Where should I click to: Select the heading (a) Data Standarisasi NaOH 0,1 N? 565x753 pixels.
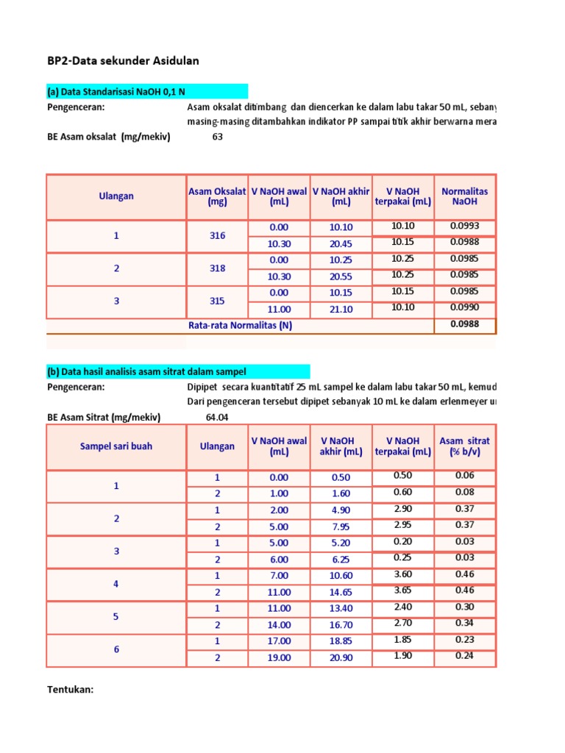coord(116,91)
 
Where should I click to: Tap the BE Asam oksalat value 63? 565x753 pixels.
coord(217,137)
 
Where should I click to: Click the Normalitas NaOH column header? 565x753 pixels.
coord(464,196)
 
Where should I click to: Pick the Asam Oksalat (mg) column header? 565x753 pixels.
coord(217,196)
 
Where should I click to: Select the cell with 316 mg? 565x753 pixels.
coord(217,236)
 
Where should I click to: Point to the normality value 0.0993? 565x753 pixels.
coord(464,226)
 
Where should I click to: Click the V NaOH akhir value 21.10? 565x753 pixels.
coord(341,310)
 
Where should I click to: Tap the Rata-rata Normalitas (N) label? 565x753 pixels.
coord(240,326)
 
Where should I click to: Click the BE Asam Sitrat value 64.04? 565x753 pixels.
coord(218,418)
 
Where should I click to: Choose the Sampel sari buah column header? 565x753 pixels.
coord(116,446)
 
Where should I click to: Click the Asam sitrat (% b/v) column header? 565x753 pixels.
coord(464,446)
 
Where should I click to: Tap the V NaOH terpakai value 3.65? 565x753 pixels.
coord(402,590)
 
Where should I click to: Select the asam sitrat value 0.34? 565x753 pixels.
coord(464,623)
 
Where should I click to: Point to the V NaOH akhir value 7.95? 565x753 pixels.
coord(341,527)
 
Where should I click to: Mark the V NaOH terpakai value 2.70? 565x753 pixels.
coord(402,623)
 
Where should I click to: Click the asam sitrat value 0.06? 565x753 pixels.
coord(464,476)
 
